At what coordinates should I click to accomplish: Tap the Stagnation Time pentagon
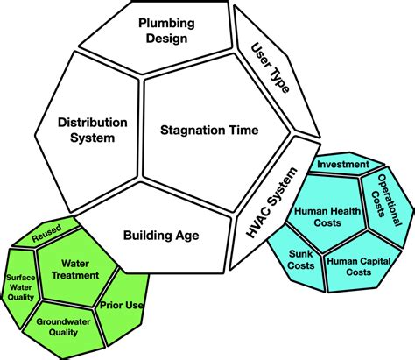[209, 131]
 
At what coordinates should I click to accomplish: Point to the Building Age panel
[161, 235]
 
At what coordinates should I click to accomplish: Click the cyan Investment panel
[341, 164]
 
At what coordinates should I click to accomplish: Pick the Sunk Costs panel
[303, 259]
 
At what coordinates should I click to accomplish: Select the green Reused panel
[46, 236]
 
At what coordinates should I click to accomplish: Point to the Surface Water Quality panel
[19, 287]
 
